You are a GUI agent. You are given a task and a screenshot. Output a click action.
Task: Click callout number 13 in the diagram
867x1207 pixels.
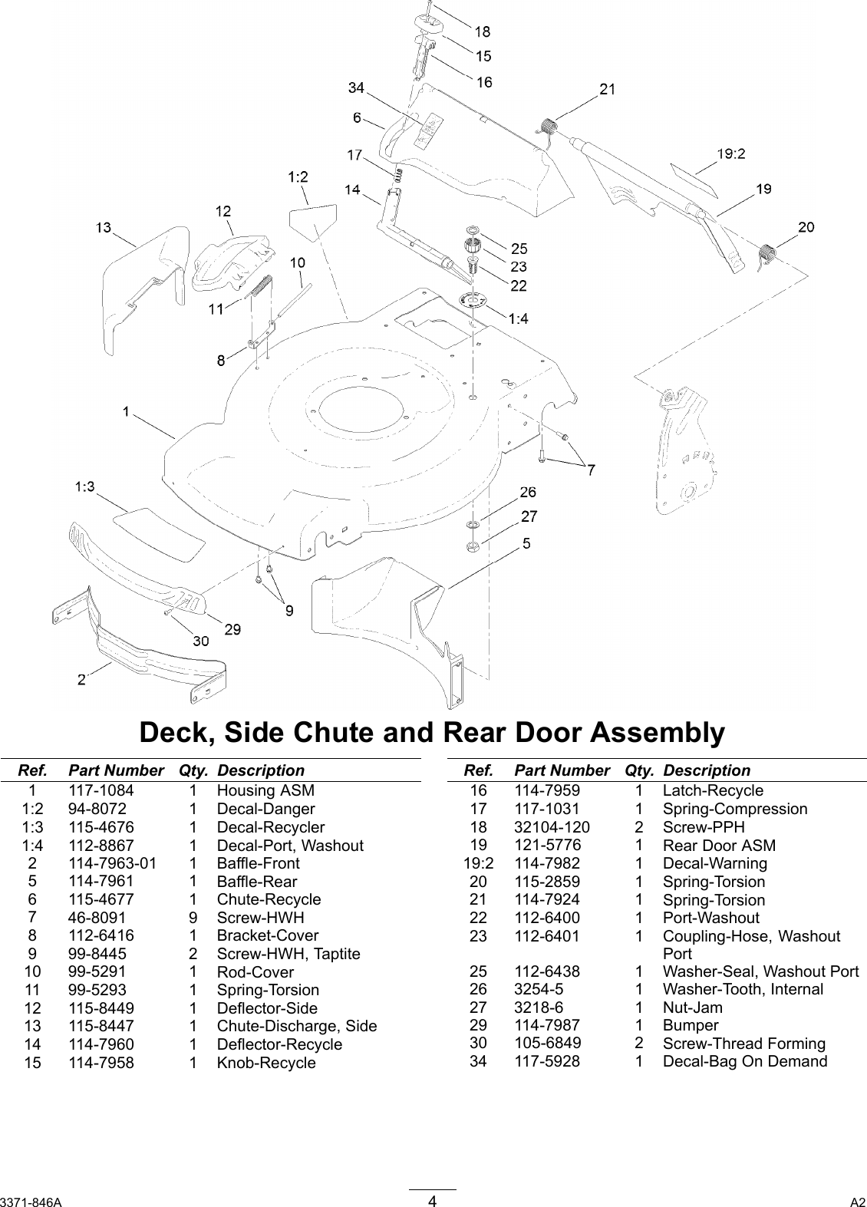(104, 227)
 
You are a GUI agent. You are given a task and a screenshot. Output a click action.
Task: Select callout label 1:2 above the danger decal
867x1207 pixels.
(298, 177)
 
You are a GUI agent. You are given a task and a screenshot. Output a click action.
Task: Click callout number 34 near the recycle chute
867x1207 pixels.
(356, 88)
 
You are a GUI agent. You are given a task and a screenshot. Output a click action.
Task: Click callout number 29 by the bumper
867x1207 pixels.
(232, 629)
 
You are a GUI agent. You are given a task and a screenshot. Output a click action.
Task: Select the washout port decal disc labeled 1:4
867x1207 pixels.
(473, 301)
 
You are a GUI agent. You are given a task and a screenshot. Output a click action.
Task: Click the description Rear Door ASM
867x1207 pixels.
(719, 846)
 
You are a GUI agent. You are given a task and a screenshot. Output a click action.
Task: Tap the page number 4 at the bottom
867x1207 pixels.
(433, 1201)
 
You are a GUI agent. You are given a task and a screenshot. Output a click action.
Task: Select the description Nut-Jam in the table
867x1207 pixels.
(692, 1007)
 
